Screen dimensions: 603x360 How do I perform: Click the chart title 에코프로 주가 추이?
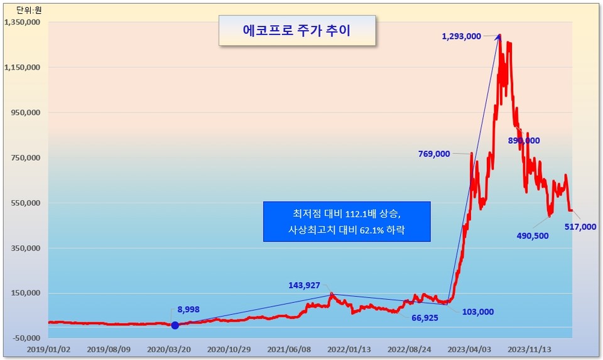pyautogui.click(x=296, y=30)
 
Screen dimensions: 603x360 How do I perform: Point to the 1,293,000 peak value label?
pyautogui.click(x=462, y=36)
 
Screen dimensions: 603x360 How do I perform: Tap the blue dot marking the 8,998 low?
pyautogui.click(x=175, y=325)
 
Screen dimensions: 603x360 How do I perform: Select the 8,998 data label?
pyautogui.click(x=188, y=310)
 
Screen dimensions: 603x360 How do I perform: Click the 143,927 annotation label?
pyautogui.click(x=304, y=285)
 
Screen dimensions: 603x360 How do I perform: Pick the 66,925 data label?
pyautogui.click(x=425, y=318)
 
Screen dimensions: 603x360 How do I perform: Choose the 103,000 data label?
pyautogui.click(x=478, y=312)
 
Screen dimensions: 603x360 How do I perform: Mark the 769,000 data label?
pyautogui.click(x=434, y=154)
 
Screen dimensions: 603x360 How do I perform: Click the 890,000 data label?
pyautogui.click(x=524, y=141)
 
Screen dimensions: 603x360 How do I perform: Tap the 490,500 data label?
pyautogui.click(x=533, y=236)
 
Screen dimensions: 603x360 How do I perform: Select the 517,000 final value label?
pyautogui.click(x=580, y=227)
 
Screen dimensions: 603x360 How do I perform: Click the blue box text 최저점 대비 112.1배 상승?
pyautogui.click(x=347, y=214)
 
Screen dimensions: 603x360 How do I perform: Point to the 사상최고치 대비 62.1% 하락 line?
pyautogui.click(x=347, y=230)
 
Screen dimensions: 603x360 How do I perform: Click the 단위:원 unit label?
pyautogui.click(x=29, y=10)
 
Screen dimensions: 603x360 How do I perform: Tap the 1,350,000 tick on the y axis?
pyautogui.click(x=23, y=22)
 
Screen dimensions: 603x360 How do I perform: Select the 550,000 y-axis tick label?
pyautogui.click(x=24, y=203)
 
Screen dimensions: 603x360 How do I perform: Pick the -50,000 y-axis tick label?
pyautogui.click(x=26, y=338)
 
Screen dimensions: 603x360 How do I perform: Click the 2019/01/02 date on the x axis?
pyautogui.click(x=48, y=349)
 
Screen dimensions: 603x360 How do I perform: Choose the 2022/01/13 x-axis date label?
pyautogui.click(x=349, y=349)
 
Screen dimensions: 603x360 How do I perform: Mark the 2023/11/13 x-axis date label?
pyautogui.click(x=529, y=349)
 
